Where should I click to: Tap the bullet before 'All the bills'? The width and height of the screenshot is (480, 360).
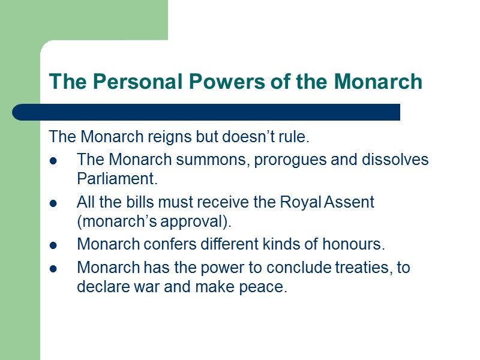tap(53, 203)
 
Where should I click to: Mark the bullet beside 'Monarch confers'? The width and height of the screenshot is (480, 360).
tap(53, 245)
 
